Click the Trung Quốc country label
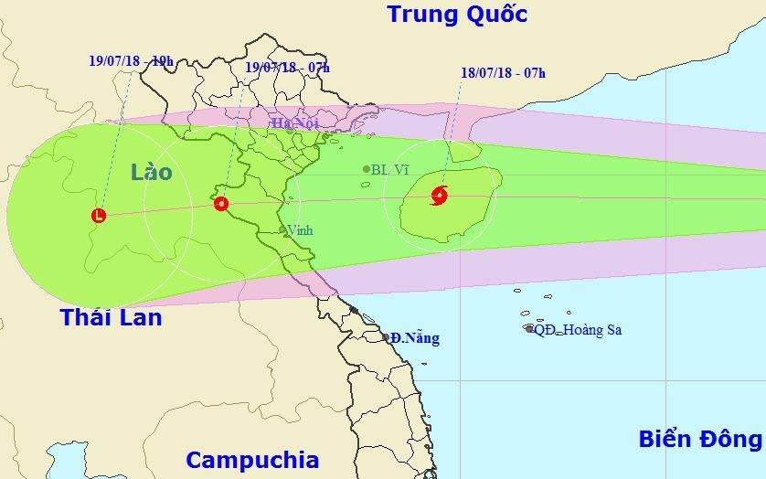click(x=457, y=15)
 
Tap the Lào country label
click(x=151, y=171)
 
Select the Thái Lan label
click(x=111, y=317)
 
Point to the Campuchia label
click(x=251, y=459)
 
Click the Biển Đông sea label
click(x=700, y=439)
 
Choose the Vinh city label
click(x=300, y=230)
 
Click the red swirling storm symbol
click(x=439, y=194)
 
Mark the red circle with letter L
click(x=99, y=216)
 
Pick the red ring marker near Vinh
click(x=220, y=203)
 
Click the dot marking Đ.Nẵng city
click(x=386, y=336)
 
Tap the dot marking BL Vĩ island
click(x=367, y=169)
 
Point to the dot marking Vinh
click(x=282, y=230)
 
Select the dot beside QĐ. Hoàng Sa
click(x=529, y=328)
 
